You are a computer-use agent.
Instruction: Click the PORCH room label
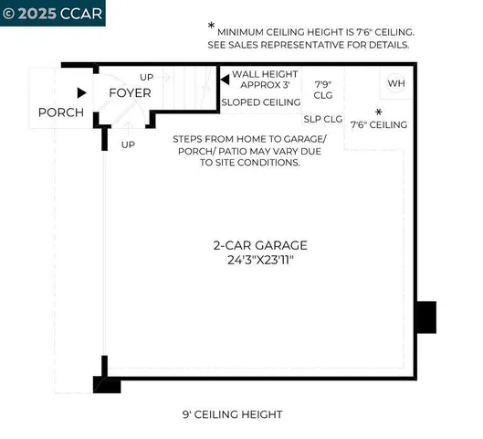[60, 112]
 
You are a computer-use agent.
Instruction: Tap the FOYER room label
[130, 93]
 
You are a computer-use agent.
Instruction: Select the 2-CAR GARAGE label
[260, 245]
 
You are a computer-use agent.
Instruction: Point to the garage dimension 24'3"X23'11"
[260, 261]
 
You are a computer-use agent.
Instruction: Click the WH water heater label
[395, 83]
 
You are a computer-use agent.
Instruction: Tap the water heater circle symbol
[396, 82]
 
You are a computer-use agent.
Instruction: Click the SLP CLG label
[322, 119]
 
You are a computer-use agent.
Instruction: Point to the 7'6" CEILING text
[378, 124]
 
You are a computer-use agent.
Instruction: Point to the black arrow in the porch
[82, 92]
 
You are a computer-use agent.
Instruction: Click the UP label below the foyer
[128, 145]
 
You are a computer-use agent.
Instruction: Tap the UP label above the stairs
[147, 77]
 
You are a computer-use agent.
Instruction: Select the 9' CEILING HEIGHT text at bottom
[232, 414]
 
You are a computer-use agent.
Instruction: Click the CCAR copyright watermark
[52, 13]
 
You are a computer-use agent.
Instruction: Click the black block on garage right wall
[425, 316]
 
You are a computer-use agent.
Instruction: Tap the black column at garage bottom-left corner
[107, 385]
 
